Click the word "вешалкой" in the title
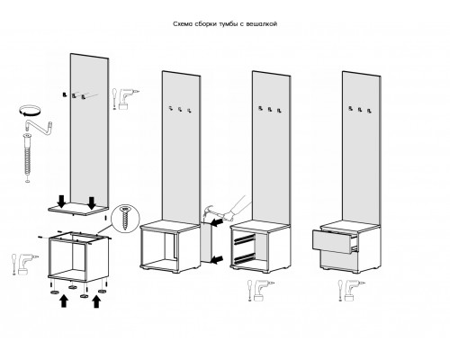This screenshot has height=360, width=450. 261,24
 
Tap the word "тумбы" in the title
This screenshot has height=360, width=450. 228,24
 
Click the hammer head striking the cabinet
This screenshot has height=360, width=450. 207,211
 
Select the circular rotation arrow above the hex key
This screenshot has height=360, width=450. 29,110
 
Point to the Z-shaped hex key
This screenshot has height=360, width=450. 39,125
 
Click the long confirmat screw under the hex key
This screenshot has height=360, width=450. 27,157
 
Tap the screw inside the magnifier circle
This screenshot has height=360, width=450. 126,218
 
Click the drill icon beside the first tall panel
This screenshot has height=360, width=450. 126,98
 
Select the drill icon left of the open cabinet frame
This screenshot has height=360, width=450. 25,264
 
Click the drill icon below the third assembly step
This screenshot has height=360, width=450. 261,290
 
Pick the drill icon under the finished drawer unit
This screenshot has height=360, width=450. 351,290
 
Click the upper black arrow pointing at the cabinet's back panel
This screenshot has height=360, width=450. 218,222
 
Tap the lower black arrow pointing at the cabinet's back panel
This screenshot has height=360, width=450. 218,260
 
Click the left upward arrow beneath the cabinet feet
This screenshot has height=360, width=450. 63,301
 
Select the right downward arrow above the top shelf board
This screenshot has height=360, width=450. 92,202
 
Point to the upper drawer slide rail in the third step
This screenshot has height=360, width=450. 244,239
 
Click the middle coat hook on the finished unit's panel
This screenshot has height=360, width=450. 360,110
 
